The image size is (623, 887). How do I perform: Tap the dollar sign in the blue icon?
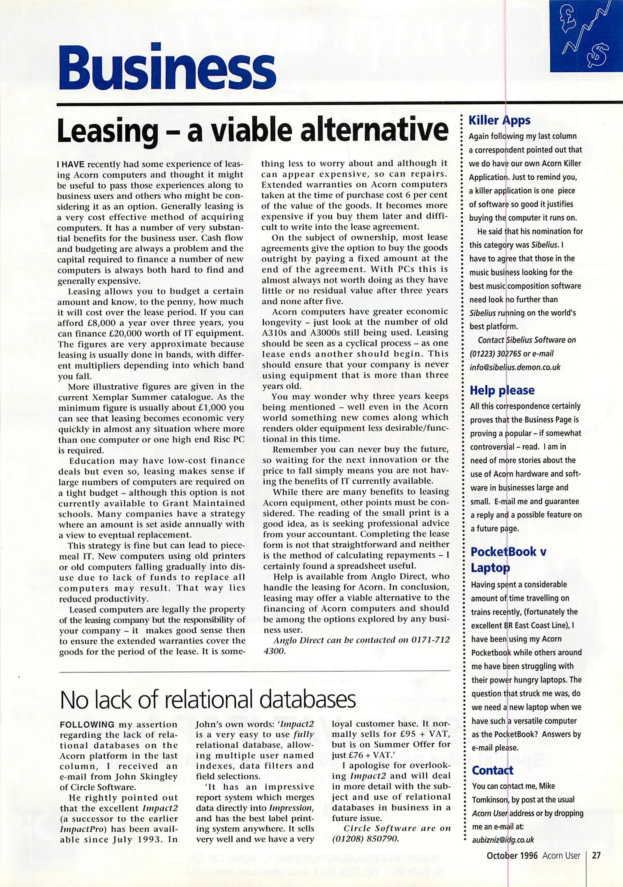tap(598, 55)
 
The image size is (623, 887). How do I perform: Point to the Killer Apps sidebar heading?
tap(499, 120)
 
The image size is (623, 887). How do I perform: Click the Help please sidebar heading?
tap(502, 390)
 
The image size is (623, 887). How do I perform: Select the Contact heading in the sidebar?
tap(492, 770)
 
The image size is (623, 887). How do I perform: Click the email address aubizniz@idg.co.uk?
tap(503, 840)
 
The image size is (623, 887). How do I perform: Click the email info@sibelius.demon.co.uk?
tap(515, 367)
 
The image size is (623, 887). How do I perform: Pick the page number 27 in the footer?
tap(596, 855)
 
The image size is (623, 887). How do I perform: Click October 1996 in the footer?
tap(512, 855)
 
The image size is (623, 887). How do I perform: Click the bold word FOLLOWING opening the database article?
tap(87, 725)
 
